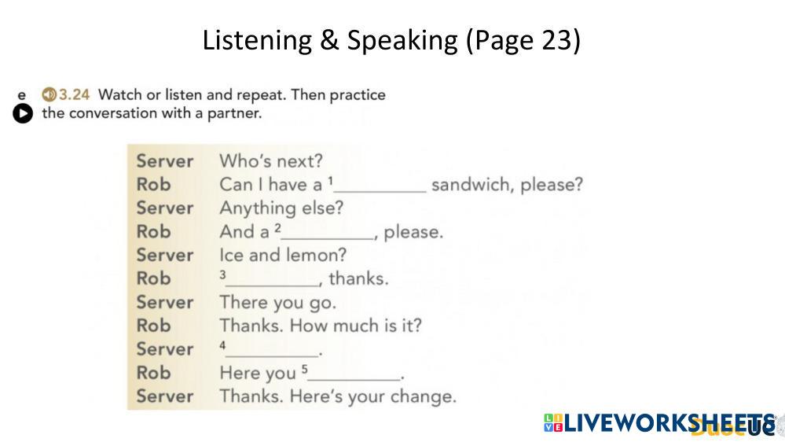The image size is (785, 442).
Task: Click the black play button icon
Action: (x=23, y=113)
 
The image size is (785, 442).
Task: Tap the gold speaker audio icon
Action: (x=49, y=94)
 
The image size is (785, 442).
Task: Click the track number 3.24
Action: (x=74, y=94)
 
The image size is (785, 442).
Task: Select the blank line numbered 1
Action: (x=380, y=191)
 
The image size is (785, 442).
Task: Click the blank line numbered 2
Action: (x=328, y=238)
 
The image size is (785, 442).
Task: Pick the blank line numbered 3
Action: (x=273, y=285)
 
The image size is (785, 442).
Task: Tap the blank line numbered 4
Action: (x=273, y=356)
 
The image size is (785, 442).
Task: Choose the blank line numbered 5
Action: (x=354, y=380)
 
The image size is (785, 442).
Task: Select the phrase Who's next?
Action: (x=271, y=161)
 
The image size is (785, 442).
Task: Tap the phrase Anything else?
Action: (x=281, y=208)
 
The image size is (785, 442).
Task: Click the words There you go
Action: (x=278, y=303)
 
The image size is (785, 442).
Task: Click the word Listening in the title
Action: (x=257, y=40)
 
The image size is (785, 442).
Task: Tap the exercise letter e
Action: (x=21, y=95)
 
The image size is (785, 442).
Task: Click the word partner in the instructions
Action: (x=234, y=114)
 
